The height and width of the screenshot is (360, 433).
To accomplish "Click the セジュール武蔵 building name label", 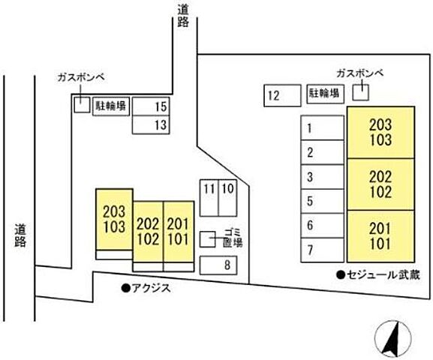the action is point(373,274).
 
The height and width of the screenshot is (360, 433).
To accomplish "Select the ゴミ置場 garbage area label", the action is point(233,238).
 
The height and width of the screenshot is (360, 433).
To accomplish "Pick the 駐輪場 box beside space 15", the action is point(110,106).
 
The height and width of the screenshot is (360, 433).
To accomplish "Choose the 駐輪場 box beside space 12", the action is point(323,94).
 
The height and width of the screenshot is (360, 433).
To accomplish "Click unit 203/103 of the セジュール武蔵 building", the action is point(380,133).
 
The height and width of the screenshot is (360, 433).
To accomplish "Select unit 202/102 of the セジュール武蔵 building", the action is point(380,184).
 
